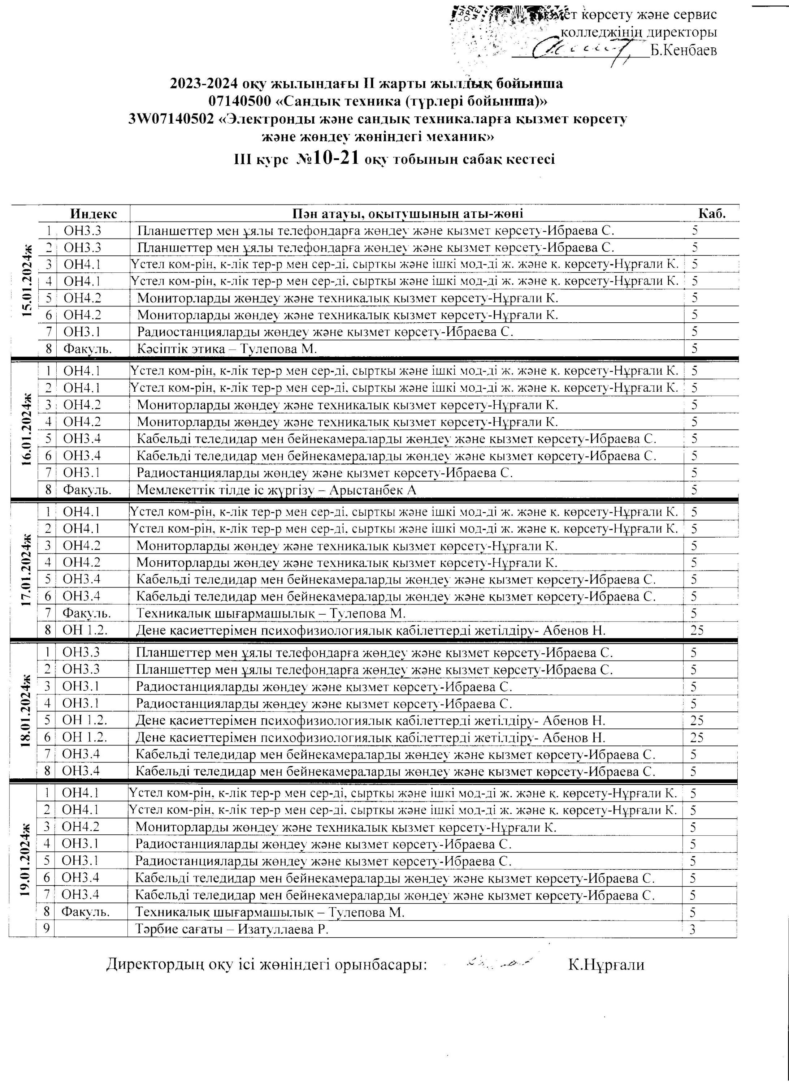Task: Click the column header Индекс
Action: [x=93, y=213]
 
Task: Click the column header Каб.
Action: [x=712, y=213]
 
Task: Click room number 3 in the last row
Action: [x=693, y=930]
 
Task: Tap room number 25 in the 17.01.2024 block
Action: [x=697, y=631]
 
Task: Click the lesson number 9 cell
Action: [x=46, y=930]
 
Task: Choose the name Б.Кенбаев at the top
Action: [x=684, y=50]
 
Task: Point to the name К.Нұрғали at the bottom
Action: [x=606, y=964]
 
